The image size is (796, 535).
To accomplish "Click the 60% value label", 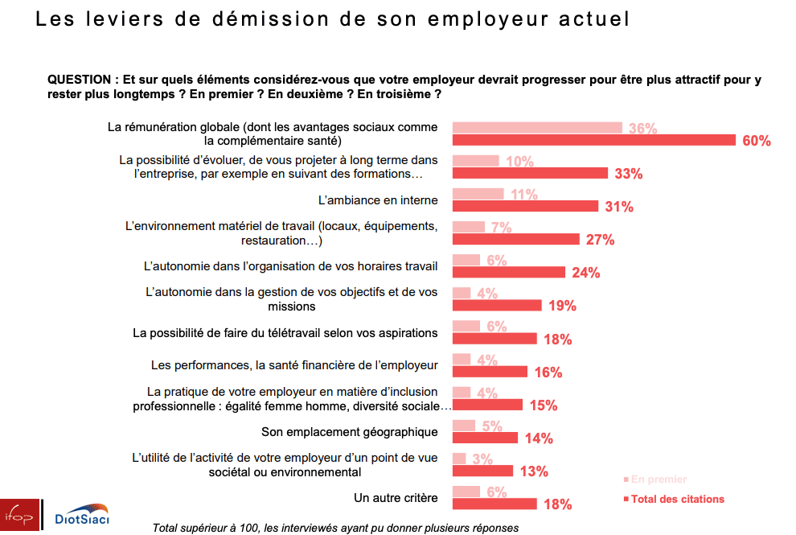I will (757, 141).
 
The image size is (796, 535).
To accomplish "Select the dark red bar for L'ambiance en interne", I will (526, 206).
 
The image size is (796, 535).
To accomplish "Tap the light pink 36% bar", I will (537, 127).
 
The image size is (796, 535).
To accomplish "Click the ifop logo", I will (18, 515).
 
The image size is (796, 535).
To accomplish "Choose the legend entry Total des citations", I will (677, 499).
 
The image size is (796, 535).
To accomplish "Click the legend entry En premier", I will (659, 479).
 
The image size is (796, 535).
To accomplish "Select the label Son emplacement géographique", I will (350, 432).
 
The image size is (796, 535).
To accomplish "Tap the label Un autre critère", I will (396, 498).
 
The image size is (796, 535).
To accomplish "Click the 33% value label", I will (628, 174).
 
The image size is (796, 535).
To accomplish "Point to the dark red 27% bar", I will (516, 239).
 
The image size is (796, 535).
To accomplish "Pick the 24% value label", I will (586, 273).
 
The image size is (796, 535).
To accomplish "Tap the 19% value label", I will (563, 306).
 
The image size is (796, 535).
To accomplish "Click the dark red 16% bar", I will (490, 372).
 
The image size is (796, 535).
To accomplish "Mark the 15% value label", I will (544, 405).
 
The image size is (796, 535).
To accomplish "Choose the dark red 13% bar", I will (483, 471).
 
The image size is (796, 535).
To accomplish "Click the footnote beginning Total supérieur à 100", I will (336, 527).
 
